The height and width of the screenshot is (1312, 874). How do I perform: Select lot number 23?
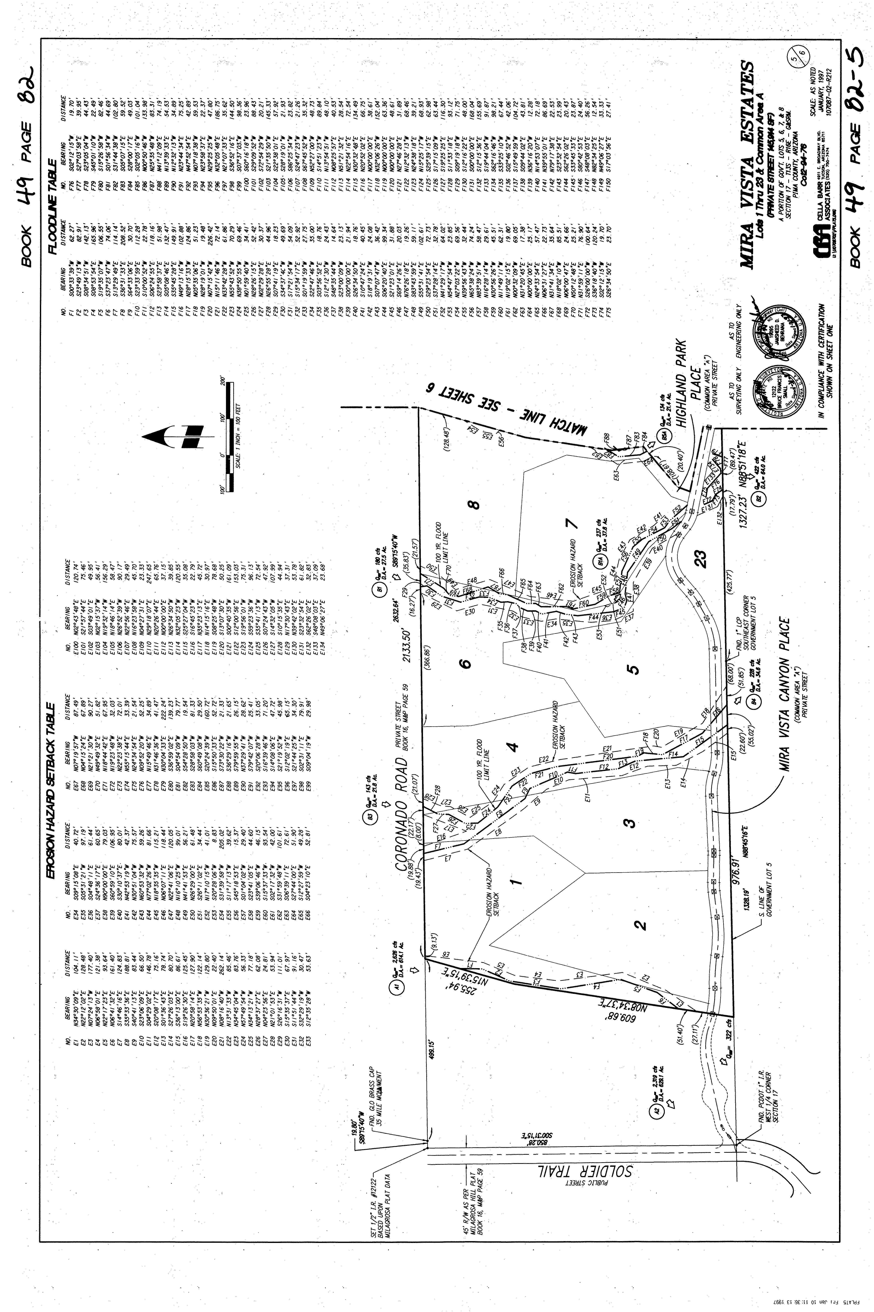pyautogui.click(x=700, y=558)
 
